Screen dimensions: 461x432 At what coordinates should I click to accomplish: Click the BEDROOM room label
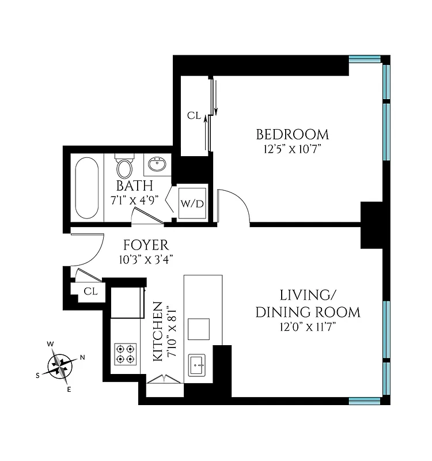pos(292,135)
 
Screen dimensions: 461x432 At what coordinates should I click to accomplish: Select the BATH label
pos(134,186)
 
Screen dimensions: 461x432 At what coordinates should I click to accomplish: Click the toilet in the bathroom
pos(124,167)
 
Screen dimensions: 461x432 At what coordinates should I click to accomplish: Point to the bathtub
pos(87,187)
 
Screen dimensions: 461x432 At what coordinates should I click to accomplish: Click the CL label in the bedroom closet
pos(194,116)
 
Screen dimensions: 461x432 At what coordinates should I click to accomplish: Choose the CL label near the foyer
pos(90,291)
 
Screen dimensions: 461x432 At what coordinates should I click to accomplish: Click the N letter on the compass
pos(82,357)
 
